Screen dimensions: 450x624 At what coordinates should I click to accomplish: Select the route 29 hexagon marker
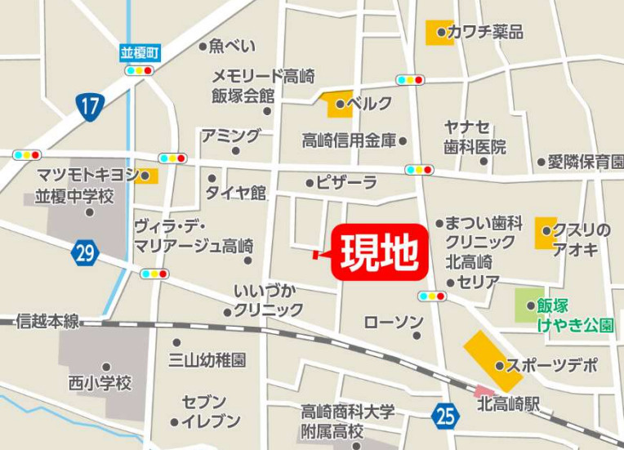click(84, 252)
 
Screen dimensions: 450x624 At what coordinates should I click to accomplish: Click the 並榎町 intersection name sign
click(139, 53)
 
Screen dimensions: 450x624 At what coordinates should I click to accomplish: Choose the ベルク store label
click(369, 104)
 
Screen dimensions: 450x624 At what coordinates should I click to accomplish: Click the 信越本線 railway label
click(47, 321)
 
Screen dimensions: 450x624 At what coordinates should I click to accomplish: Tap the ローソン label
click(394, 321)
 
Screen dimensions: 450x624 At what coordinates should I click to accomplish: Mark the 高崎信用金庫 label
click(349, 140)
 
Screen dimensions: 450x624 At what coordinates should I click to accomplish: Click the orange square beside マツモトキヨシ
click(148, 176)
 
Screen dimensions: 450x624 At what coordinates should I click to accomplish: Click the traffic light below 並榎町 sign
click(139, 71)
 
